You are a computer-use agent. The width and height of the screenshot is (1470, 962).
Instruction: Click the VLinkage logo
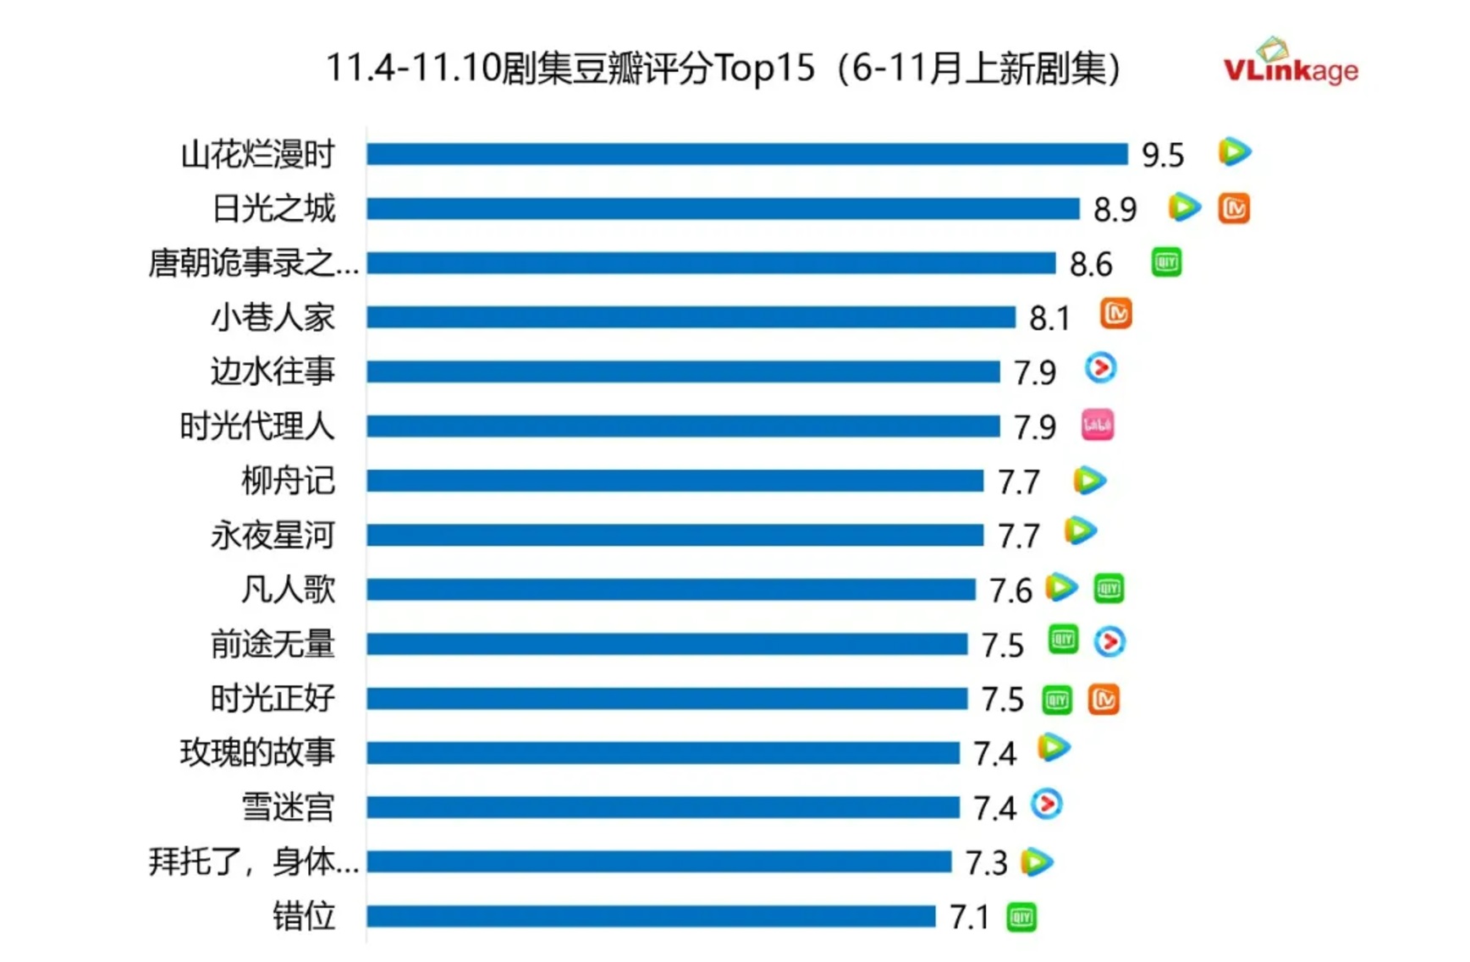tap(1290, 63)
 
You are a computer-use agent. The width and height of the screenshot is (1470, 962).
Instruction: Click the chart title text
tap(724, 68)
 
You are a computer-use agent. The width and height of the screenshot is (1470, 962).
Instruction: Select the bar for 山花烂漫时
tap(746, 154)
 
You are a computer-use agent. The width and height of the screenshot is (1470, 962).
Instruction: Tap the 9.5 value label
tap(1162, 155)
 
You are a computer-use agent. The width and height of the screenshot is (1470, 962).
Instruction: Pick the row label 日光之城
tap(273, 209)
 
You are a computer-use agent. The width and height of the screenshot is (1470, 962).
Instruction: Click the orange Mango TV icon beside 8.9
tap(1234, 208)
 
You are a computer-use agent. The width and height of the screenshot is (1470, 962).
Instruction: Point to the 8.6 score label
tap(1091, 264)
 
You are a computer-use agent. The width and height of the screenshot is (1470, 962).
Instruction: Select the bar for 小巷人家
tap(691, 317)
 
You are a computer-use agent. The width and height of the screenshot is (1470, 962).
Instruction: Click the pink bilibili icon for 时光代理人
tap(1098, 425)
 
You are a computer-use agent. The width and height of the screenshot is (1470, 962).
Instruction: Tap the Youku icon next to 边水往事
tap(1100, 368)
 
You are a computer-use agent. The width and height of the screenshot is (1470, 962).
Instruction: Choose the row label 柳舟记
tap(288, 481)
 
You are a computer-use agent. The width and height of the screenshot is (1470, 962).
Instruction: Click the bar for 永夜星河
tap(674, 535)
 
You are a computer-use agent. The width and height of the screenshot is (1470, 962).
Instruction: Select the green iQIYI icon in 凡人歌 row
tap(1109, 588)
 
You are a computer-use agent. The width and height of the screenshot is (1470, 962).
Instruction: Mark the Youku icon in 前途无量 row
tap(1109, 642)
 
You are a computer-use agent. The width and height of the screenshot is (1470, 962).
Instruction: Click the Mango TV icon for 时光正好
tap(1104, 699)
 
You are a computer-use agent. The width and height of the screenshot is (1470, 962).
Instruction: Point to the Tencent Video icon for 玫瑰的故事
tap(1054, 748)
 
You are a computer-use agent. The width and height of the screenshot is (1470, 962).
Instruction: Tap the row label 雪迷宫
tap(288, 807)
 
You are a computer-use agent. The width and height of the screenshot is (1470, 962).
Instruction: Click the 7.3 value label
tap(986, 863)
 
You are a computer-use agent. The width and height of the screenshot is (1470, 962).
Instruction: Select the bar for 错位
tap(651, 916)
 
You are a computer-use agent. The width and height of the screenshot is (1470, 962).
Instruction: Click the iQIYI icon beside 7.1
tap(1021, 917)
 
